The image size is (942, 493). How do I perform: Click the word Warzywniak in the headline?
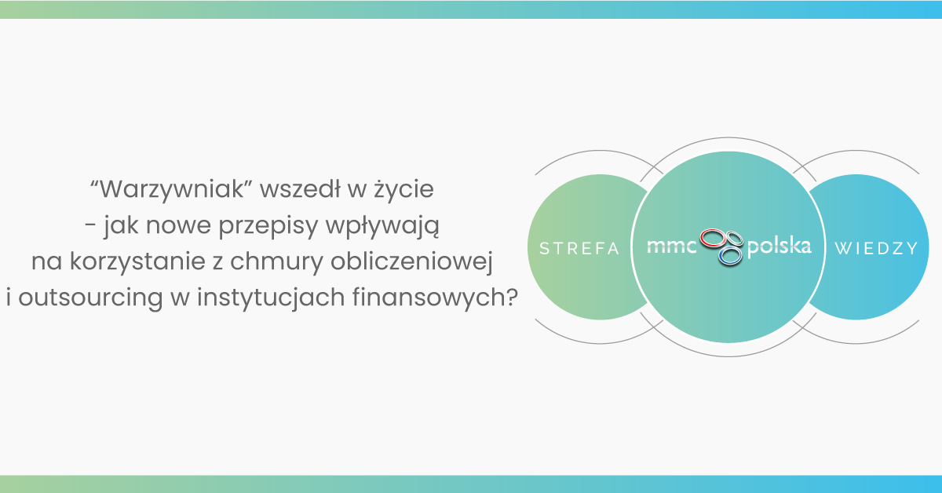click(x=172, y=190)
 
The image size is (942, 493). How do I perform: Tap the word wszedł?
click(x=300, y=188)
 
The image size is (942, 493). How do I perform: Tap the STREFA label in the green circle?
click(x=579, y=248)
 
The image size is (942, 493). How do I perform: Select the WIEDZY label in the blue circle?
click(x=876, y=248)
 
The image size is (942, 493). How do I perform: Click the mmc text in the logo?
click(x=672, y=246)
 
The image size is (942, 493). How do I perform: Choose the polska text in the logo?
click(x=779, y=246)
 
